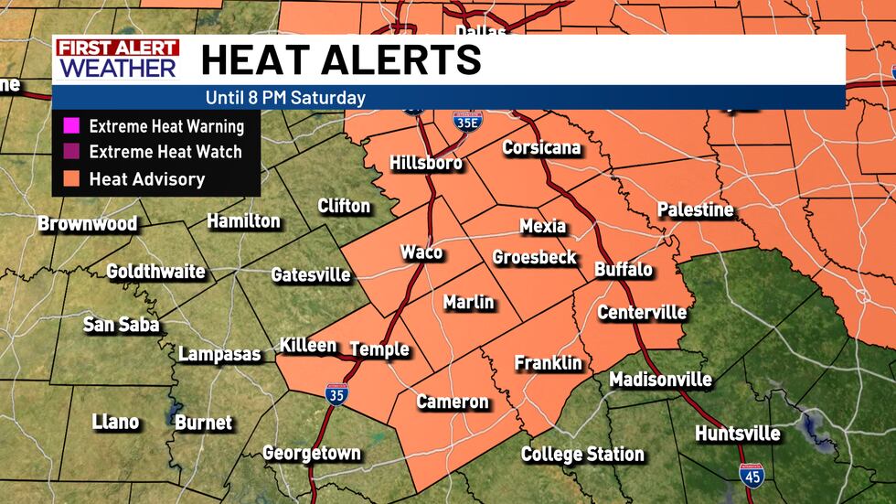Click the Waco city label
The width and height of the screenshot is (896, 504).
pos(421,253)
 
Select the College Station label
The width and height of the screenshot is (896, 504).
pos(582,455)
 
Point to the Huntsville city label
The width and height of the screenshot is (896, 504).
pos(738,434)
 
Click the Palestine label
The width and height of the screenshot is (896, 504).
pos(695,210)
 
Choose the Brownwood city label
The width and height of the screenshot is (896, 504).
pos(88,224)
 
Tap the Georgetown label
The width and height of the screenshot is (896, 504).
pos(312,453)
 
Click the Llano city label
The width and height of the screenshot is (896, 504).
pos(116,422)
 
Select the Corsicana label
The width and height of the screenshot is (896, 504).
pos(542,148)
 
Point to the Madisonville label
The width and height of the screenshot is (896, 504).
pos(660,380)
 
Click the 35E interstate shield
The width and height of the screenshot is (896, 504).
pos(464,123)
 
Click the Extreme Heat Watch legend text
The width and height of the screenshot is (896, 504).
pos(166,153)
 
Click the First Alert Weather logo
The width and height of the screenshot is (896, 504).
pos(115,59)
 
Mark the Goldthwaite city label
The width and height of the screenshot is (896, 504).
pos(155,273)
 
